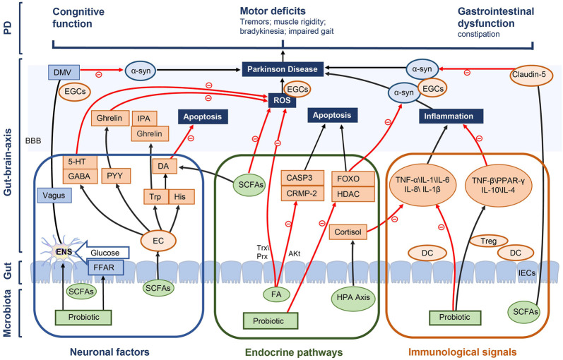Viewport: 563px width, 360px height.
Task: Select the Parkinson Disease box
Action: click(x=283, y=69)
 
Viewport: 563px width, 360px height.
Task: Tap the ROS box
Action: click(x=282, y=100)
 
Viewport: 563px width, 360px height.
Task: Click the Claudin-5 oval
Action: click(x=531, y=75)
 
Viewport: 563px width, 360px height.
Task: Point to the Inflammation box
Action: click(x=451, y=116)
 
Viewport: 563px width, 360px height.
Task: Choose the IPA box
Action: click(x=143, y=119)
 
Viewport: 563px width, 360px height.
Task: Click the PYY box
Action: click(x=115, y=176)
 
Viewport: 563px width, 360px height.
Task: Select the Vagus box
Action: click(x=54, y=196)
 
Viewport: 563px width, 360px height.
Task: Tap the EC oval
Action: click(x=158, y=241)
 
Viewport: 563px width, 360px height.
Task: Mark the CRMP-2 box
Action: click(x=302, y=193)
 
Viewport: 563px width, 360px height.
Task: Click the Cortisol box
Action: click(x=348, y=232)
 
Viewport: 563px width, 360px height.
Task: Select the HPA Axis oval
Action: click(x=353, y=297)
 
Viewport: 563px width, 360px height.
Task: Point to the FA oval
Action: click(x=276, y=294)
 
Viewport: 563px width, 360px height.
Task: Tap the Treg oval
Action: click(x=488, y=241)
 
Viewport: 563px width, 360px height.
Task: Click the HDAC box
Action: click(x=353, y=194)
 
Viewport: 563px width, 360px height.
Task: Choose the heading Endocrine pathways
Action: click(x=294, y=352)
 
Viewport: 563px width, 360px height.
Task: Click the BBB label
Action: click(x=33, y=140)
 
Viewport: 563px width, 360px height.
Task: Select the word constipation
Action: click(x=479, y=34)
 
